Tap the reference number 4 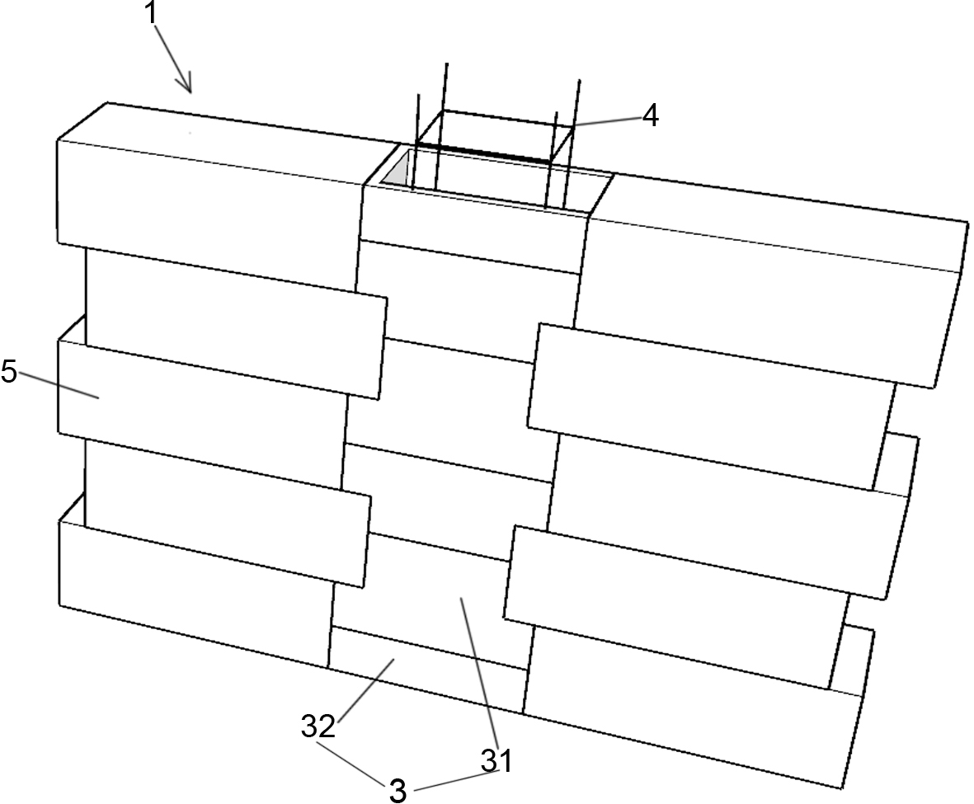[x=650, y=116]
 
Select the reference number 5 [x=9, y=371]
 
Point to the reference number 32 [x=318, y=726]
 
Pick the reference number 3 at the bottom [x=398, y=790]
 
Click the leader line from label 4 [x=606, y=121]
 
